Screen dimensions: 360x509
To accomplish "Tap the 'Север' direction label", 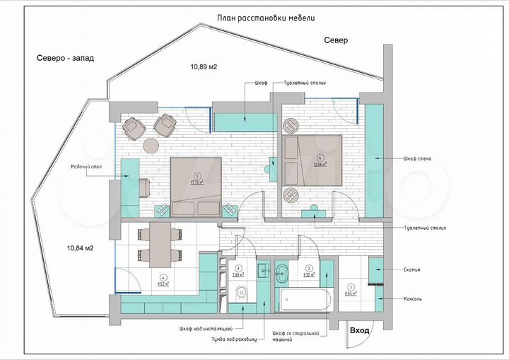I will (x=336, y=41).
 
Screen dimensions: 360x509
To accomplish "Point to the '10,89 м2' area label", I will (x=203, y=66).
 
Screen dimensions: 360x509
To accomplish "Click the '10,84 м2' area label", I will (x=81, y=248).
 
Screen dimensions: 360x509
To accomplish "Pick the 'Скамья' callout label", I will (x=413, y=269).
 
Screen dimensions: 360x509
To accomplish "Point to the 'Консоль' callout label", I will (x=413, y=298).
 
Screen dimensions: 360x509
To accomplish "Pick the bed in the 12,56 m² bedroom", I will (x=312, y=161).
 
